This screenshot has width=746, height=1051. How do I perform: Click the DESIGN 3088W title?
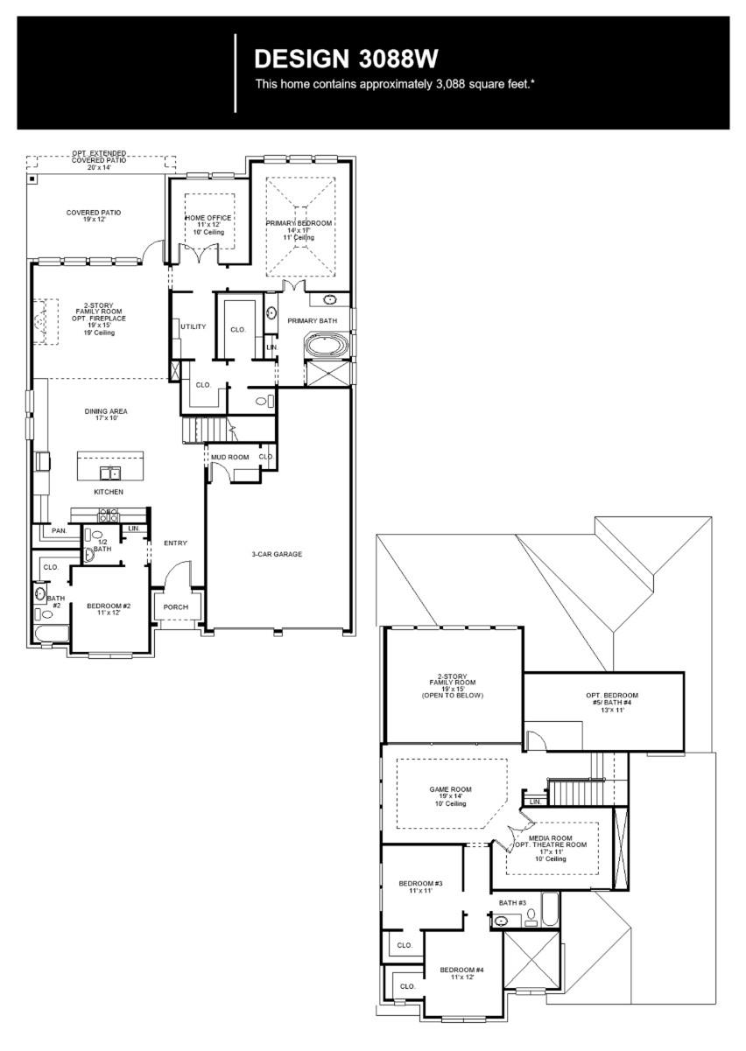pos(346,60)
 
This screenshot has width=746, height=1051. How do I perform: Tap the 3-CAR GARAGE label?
pos(277,554)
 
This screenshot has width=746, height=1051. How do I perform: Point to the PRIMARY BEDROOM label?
pos(299,223)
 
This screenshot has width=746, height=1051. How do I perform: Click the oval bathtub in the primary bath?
pos(325,347)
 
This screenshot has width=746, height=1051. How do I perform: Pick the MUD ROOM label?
pos(229,457)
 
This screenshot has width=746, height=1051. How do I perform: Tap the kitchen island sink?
pos(110,473)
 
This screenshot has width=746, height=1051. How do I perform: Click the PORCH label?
pos(176,607)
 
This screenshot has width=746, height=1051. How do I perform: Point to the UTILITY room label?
pos(193,326)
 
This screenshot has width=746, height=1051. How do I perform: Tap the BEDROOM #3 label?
pos(420,884)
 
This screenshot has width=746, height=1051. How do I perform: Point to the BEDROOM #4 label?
pos(461,970)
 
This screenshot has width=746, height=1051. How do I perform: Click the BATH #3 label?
pos(512,902)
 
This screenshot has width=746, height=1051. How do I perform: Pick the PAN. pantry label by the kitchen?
pos(59,530)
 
